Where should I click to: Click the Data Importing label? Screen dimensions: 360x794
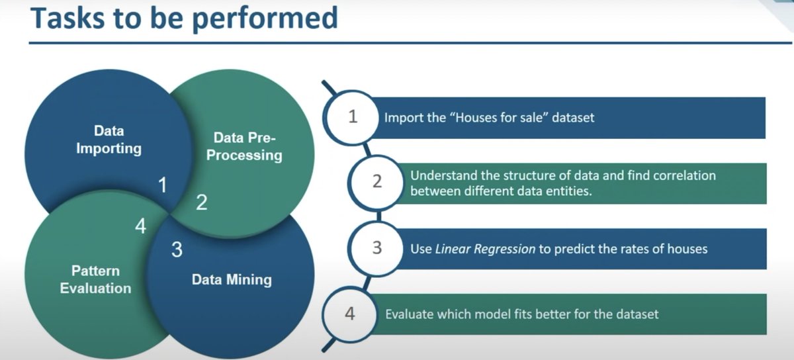pyautogui.click(x=109, y=139)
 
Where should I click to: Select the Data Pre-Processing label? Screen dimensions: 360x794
pyautogui.click(x=248, y=146)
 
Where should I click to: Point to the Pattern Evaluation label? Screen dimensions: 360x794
pyautogui.click(x=95, y=279)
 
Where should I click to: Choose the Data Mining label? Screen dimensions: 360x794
pyautogui.click(x=232, y=279)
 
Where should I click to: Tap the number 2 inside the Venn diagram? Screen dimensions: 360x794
pyautogui.click(x=201, y=202)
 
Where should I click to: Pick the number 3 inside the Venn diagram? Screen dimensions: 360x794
pyautogui.click(x=176, y=250)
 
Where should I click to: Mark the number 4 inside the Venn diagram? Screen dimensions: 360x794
pyautogui.click(x=140, y=227)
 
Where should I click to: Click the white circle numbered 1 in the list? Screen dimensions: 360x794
pyautogui.click(x=352, y=117)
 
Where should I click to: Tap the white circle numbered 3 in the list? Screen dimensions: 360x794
pyautogui.click(x=377, y=248)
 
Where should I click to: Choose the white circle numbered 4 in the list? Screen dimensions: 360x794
pyautogui.click(x=350, y=313)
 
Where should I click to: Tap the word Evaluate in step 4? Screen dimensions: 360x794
pyautogui.click(x=410, y=314)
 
